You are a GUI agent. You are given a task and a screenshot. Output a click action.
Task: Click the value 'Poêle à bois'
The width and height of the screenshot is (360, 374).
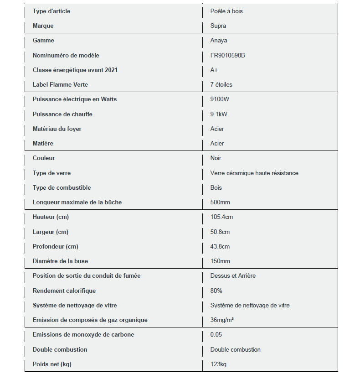[x=226, y=11]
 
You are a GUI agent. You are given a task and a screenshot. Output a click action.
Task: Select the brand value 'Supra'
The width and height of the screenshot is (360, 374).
[x=218, y=26]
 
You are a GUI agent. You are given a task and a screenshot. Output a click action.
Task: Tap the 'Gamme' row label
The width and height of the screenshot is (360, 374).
[x=43, y=41]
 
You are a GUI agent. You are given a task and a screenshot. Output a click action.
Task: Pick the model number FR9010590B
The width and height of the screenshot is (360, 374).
[x=228, y=55]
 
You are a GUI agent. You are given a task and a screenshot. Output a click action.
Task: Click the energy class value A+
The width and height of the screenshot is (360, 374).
[x=214, y=70]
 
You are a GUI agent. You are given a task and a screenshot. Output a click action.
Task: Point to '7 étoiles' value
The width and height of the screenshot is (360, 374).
[x=221, y=84]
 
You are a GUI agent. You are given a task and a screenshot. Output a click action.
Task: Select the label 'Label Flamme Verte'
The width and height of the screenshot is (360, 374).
[x=60, y=84]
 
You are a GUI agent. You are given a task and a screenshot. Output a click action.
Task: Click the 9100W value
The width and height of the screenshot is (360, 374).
[x=220, y=99]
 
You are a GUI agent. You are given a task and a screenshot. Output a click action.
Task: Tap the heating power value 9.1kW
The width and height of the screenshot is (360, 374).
[x=219, y=114]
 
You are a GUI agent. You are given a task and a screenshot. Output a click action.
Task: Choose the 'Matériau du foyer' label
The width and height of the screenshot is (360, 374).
[x=57, y=129]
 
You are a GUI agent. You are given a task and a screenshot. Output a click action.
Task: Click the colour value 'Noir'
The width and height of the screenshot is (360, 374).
[x=216, y=158]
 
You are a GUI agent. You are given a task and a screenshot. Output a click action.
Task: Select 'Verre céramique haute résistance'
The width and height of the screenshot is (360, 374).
[x=254, y=173]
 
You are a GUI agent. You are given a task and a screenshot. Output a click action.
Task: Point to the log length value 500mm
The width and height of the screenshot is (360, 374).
[x=220, y=202]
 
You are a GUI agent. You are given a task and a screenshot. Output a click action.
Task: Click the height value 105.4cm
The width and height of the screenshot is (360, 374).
[x=221, y=217]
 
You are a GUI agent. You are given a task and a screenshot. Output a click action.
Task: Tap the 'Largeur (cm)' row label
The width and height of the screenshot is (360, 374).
[x=50, y=232]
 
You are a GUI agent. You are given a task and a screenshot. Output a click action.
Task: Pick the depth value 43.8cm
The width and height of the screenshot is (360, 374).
[x=220, y=246]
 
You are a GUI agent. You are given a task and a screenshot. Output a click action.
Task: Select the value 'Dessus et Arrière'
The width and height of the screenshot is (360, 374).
[x=233, y=275]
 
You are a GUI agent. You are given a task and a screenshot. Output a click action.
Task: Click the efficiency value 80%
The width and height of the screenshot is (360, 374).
[x=216, y=291]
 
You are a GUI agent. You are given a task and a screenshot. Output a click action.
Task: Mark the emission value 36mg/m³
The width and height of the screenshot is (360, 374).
[x=222, y=320]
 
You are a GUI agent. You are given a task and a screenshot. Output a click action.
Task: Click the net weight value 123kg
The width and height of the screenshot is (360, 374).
[x=218, y=364]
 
